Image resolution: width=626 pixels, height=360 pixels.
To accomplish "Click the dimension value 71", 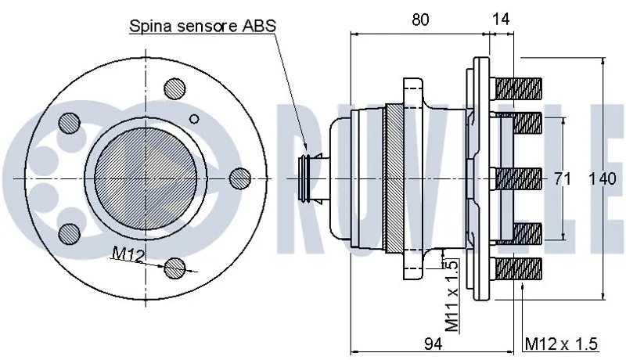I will [x=561, y=179].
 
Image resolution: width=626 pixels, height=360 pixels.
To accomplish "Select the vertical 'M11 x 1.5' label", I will [x=451, y=297].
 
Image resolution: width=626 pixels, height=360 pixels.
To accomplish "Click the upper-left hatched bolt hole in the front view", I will [x=72, y=122].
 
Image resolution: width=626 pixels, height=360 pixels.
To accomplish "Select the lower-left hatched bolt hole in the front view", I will [x=72, y=233].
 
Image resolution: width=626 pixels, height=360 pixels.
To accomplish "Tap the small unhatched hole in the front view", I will [x=196, y=119].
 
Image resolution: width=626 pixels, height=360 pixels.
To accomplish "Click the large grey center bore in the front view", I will [x=146, y=178].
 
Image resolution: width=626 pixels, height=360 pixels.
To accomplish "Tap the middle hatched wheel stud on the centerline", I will [x=517, y=179].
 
